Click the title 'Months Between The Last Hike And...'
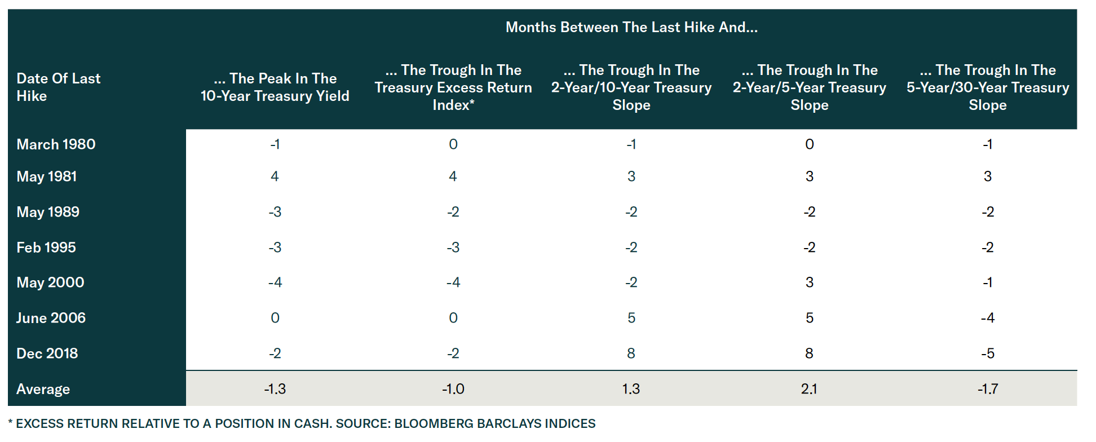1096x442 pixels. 631,27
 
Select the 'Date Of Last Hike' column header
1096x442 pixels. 58,87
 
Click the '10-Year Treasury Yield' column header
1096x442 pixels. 275,87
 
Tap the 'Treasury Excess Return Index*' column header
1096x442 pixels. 453,87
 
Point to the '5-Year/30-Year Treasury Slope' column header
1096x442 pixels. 987,87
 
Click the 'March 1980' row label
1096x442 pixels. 56,144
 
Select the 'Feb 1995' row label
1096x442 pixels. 46,247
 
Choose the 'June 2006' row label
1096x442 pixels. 51,318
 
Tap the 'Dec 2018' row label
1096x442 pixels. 47,353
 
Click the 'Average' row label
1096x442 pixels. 43,389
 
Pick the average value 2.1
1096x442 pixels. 809,389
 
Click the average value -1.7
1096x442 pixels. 987,389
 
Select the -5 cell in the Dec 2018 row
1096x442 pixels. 987,353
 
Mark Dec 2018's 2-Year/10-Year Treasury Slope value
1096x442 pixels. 631,353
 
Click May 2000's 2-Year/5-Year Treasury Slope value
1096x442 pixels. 809,282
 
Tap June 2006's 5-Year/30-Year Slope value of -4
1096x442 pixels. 987,318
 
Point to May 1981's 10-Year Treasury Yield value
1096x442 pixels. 275,176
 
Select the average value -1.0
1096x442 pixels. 453,389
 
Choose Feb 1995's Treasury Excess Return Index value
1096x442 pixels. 453,247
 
